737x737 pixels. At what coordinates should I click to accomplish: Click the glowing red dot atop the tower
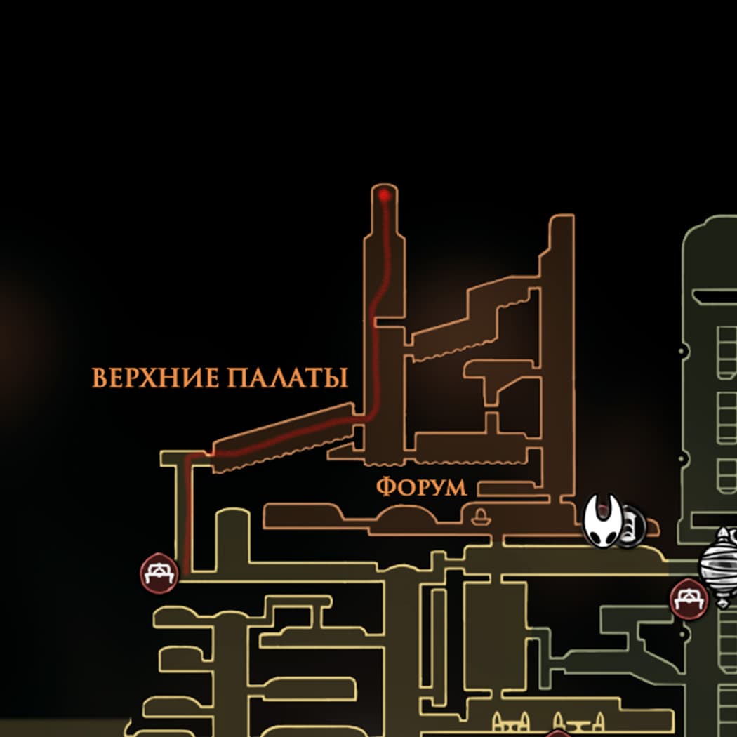point(384,196)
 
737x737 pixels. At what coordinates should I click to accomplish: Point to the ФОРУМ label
point(421,487)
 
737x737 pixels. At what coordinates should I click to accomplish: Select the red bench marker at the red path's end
point(159,573)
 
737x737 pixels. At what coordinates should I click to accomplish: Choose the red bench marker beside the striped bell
point(689,599)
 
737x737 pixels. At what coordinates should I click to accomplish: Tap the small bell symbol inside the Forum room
point(481,518)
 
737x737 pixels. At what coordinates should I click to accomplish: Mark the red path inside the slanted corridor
point(281,435)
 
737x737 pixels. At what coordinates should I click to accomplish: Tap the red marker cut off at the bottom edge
point(558,733)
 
